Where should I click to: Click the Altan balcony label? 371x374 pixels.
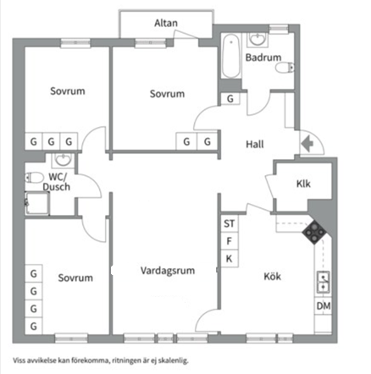(166, 23)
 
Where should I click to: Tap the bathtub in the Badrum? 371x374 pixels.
(231, 56)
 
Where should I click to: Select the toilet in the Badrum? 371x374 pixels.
(285, 68)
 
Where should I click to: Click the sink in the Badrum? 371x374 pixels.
(257, 40)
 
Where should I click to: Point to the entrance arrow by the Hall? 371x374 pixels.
(307, 144)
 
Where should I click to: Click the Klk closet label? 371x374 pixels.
(303, 184)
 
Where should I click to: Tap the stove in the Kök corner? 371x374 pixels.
(314, 233)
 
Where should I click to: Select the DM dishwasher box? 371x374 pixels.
(324, 305)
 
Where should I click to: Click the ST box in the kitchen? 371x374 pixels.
(230, 223)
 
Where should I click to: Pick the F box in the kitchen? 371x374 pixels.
(230, 241)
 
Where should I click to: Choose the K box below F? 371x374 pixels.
(230, 259)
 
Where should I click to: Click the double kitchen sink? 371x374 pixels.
(324, 282)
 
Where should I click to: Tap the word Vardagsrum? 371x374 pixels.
(168, 271)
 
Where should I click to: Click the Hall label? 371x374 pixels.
(255, 145)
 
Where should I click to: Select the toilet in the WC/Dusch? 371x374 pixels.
(34, 178)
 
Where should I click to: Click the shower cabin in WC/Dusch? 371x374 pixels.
(37, 203)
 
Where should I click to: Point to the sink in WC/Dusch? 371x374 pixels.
(63, 161)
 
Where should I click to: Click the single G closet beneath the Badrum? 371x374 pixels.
(230, 99)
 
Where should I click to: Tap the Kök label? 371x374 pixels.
(272, 277)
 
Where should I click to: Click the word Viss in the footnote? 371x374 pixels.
(19, 360)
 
